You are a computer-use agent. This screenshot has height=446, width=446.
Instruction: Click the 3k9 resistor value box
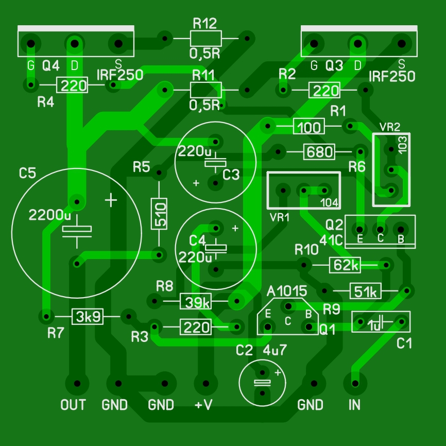[x=87, y=316]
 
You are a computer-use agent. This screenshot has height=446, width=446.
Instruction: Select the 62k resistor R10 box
[x=345, y=265]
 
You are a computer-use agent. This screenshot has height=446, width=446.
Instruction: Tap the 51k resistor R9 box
[x=366, y=291]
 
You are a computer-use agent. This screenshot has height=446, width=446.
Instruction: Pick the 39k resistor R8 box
[x=195, y=301]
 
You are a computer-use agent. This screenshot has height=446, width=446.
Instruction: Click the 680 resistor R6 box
[x=319, y=152]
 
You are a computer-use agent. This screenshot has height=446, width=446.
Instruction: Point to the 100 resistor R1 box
[x=309, y=126]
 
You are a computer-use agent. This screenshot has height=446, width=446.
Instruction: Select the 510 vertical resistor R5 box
[x=159, y=213]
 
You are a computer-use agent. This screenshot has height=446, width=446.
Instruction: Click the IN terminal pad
[x=355, y=383]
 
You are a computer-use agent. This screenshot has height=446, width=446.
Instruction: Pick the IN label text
[x=354, y=405]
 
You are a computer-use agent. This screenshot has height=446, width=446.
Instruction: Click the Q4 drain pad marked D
[x=75, y=43]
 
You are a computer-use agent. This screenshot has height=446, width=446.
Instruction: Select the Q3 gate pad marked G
[x=314, y=43]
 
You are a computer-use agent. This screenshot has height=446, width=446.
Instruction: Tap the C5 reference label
[x=27, y=174]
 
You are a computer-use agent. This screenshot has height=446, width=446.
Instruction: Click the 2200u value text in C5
[x=50, y=214]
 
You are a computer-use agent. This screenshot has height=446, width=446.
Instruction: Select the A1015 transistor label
[x=287, y=291]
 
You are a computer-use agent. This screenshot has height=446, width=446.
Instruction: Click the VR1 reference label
[x=279, y=217]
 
